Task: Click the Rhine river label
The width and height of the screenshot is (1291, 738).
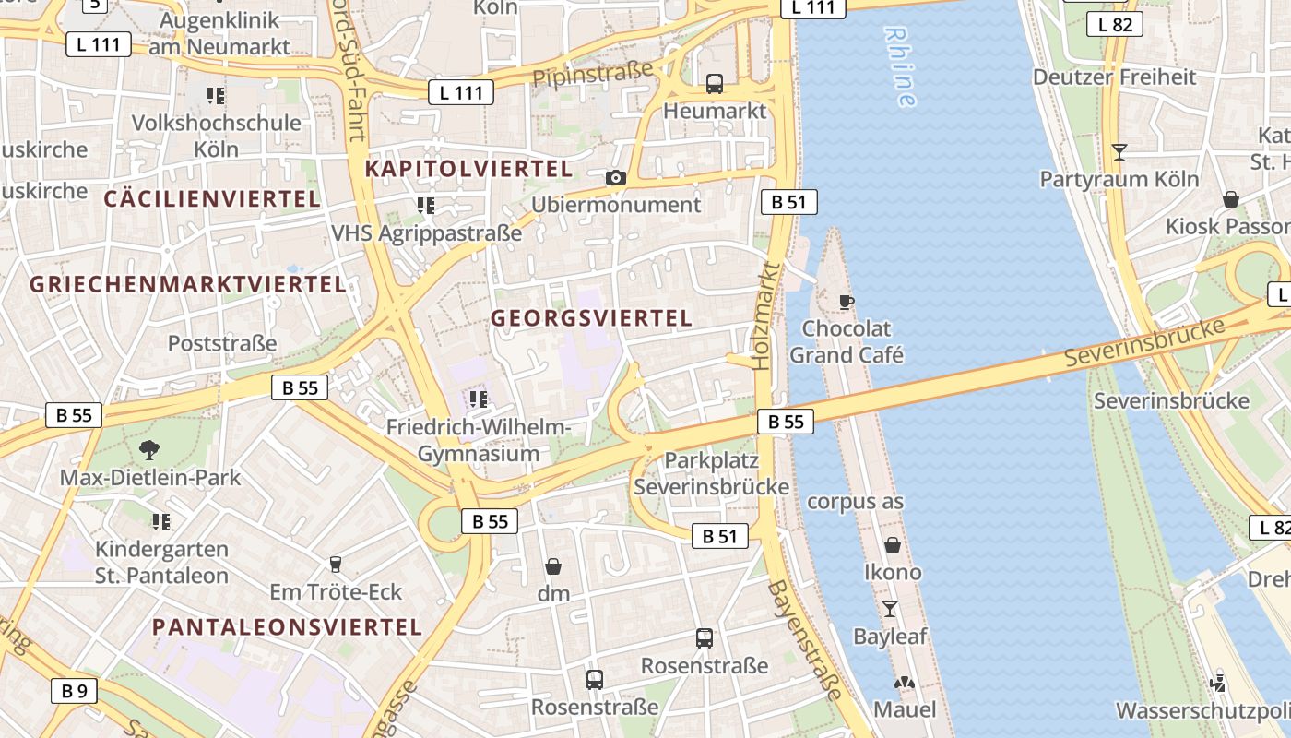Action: tap(899, 66)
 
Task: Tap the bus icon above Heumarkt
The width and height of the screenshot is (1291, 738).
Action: tap(715, 84)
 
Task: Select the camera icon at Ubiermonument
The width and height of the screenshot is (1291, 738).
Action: tap(616, 177)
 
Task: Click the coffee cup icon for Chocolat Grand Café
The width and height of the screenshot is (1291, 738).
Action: tap(846, 302)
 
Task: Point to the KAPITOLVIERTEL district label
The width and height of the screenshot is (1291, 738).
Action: tap(468, 169)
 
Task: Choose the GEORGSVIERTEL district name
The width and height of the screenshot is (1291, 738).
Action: tap(591, 318)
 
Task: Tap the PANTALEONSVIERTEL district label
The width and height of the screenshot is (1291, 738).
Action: tap(287, 627)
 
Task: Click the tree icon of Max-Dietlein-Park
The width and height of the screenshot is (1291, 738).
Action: tap(148, 450)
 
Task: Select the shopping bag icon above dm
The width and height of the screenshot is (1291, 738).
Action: tap(553, 565)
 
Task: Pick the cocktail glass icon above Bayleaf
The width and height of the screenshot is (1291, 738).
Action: tap(890, 609)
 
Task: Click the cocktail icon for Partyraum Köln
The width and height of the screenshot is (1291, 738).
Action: tap(1119, 151)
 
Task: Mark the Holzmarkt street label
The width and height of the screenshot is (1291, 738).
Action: tap(764, 315)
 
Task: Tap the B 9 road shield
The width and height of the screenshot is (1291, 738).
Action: tap(74, 690)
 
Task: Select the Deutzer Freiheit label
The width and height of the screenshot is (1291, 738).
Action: tap(1113, 77)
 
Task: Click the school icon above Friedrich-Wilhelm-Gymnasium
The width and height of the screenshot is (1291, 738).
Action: tap(478, 399)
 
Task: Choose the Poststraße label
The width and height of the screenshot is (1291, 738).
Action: tap(222, 343)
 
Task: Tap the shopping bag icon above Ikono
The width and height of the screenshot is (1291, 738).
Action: tap(892, 545)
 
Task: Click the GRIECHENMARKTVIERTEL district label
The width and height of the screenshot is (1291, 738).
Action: tap(188, 284)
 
